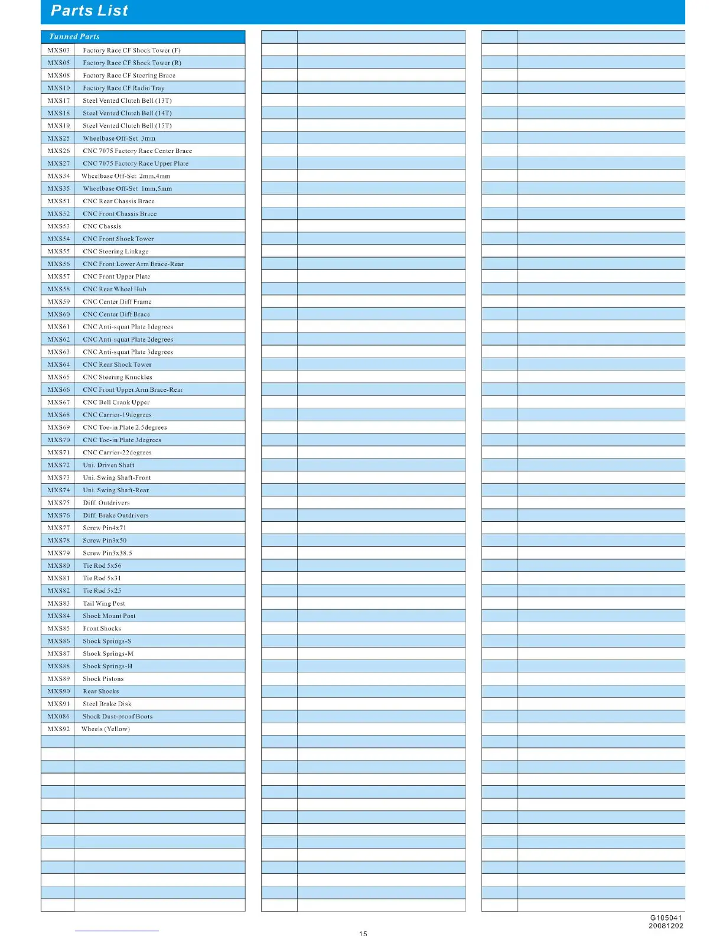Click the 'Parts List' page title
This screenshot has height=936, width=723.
[89, 11]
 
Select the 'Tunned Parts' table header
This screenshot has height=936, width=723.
[74, 37]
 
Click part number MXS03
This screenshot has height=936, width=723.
[58, 50]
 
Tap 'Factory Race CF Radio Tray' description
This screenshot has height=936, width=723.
[123, 88]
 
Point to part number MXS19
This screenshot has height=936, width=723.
[58, 126]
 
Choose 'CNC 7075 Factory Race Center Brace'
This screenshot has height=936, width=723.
[137, 151]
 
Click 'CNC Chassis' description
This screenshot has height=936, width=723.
[102, 226]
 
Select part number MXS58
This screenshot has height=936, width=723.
[58, 290]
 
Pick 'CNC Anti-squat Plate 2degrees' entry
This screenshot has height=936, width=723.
[128, 340]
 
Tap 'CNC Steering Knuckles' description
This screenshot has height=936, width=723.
[117, 378]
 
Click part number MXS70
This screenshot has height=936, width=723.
[58, 440]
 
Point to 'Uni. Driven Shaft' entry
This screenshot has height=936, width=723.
[108, 465]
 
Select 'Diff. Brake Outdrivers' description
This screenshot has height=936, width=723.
[115, 515]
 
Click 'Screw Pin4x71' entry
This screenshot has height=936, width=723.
[104, 528]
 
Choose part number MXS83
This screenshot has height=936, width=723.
[58, 604]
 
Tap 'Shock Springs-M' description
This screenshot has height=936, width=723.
[108, 654]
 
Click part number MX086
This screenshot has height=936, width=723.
[58, 717]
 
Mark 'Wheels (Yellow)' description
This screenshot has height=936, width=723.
[105, 729]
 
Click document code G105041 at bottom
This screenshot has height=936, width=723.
[666, 918]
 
